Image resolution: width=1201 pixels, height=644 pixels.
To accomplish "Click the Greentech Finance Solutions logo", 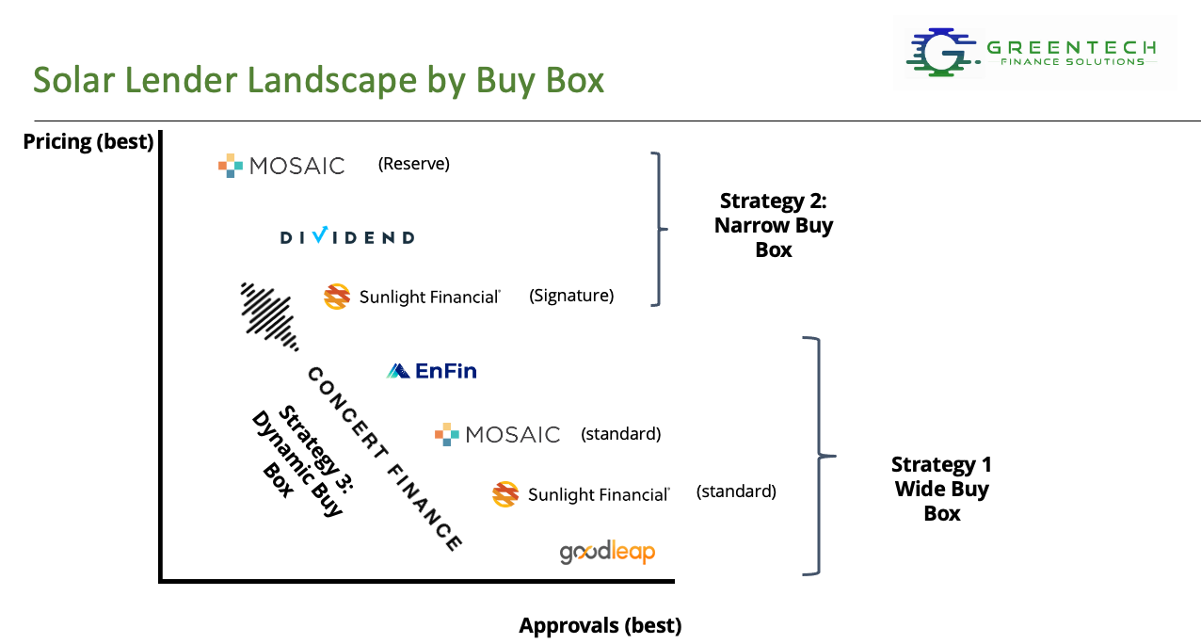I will coord(1033,52).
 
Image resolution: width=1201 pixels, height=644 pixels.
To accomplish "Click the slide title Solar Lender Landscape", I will coord(318,80).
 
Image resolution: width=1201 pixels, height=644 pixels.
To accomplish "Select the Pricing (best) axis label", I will coord(88,142).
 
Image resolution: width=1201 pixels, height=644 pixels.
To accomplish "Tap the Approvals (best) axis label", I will coord(600,625).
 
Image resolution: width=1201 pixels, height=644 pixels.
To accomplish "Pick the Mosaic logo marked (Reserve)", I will coord(281,166).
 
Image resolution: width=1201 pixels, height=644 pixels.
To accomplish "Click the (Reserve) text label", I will coord(413,164).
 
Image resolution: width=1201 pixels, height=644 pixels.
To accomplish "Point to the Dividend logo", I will coord(347,236).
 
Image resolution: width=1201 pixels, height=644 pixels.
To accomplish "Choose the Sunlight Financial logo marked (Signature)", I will coord(411,297).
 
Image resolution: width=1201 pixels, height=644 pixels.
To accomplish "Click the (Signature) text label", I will coord(570,296).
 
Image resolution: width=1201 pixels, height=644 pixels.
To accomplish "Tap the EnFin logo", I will coord(432,371).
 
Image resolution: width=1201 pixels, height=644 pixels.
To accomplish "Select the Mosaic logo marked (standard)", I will coord(497,434).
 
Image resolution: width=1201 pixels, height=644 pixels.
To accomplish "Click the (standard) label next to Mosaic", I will coord(620,434).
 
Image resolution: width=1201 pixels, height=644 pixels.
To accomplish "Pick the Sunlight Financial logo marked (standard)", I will coord(581,494).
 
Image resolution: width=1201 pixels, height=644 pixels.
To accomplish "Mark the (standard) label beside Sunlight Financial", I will coord(736,491).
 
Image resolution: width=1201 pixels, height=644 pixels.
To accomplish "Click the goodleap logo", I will coord(607,552).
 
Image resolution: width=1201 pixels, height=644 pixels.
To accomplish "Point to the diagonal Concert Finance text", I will coord(384,459).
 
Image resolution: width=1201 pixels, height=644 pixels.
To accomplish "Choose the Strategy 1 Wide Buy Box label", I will coord(941,489).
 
